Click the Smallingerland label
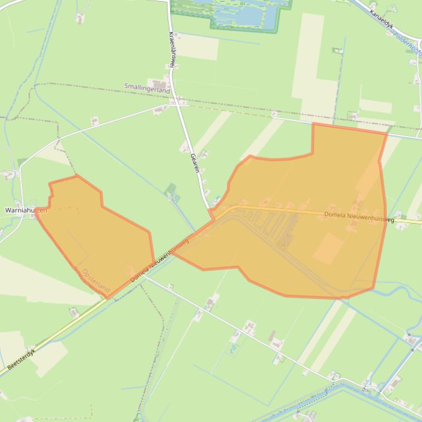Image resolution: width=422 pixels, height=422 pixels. point(147,88)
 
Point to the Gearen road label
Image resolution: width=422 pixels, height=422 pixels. point(194,163)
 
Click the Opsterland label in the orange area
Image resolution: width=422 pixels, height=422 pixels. point(96,280)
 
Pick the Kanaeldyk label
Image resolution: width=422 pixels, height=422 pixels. point(381,20)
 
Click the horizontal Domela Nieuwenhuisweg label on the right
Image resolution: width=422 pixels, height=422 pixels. point(358,217)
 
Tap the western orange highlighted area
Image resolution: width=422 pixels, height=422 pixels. point(99,236)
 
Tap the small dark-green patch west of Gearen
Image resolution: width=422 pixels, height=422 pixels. point(171,190)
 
